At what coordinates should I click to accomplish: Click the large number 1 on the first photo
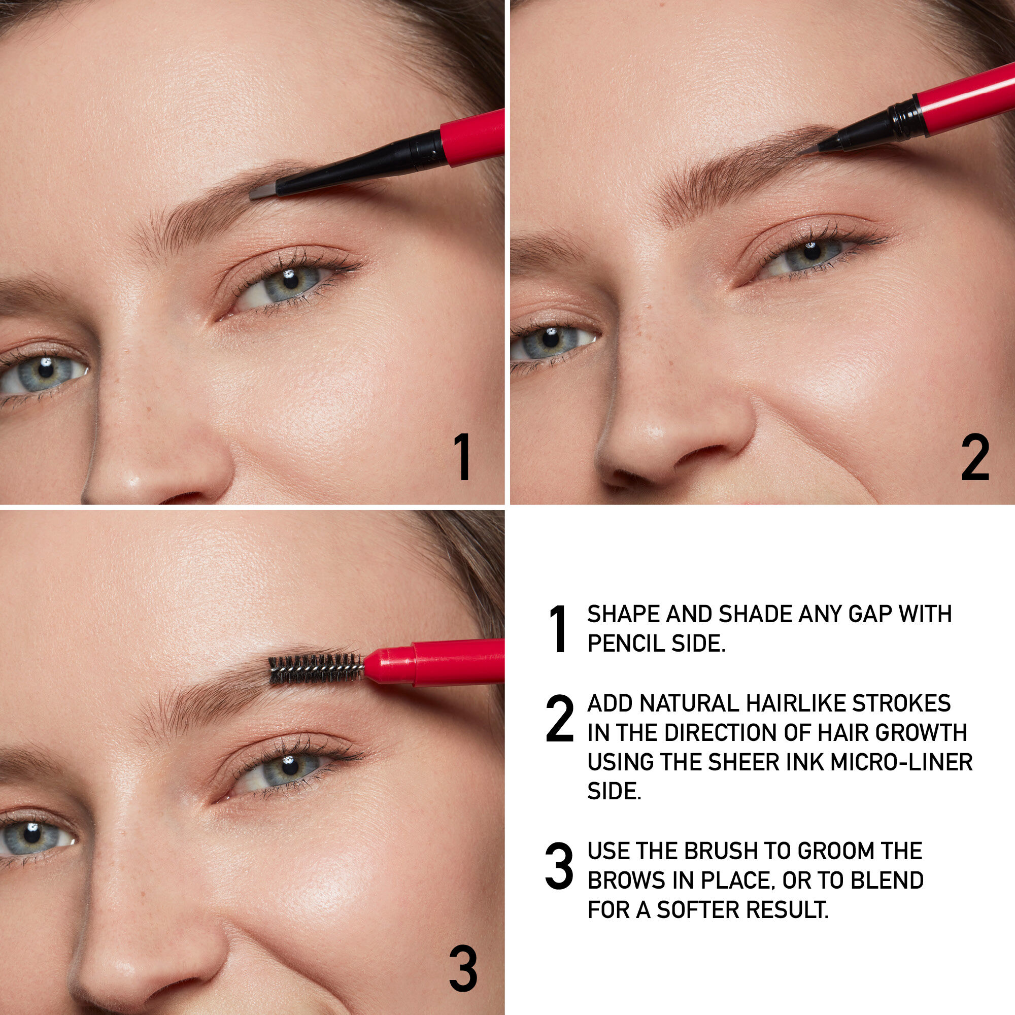(x=463, y=457)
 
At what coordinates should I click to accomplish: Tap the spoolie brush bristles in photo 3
(x=315, y=669)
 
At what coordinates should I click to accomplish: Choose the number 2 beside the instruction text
(x=559, y=718)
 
